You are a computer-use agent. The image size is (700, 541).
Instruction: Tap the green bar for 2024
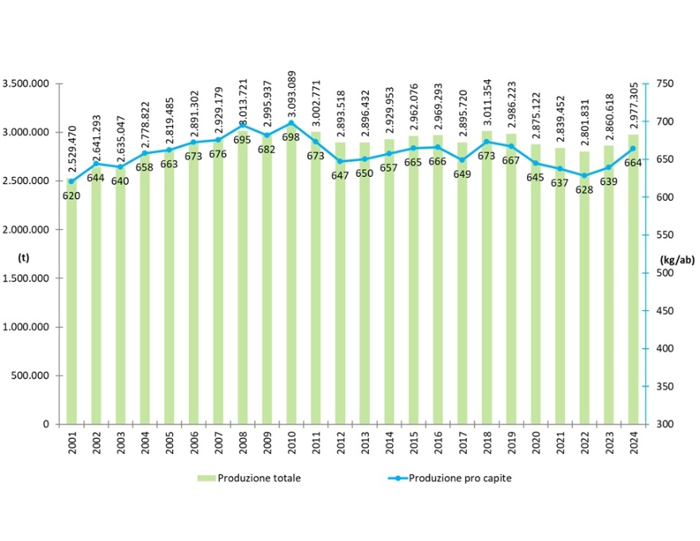pos(633,286)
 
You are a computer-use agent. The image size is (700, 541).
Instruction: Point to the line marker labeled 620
pos(72,182)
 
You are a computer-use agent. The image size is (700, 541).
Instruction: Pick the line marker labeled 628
pos(584,175)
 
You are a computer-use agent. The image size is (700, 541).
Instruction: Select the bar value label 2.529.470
pos(73,147)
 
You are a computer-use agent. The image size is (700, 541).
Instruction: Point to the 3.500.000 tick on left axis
pos(28,83)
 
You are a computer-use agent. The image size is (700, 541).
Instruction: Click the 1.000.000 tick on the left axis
pos(28,327)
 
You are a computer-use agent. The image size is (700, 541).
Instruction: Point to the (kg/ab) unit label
pos(673,258)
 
